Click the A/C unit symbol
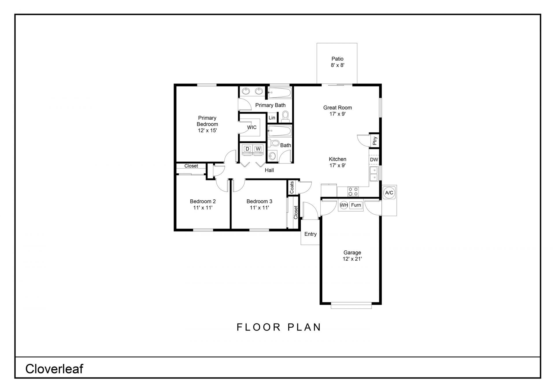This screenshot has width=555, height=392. pos(389,193)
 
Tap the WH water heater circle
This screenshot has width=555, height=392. pos(344,205)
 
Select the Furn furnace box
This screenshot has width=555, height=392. pos(356,205)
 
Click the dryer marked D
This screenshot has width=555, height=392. pos(247,149)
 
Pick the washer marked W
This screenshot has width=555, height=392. pos(258,149)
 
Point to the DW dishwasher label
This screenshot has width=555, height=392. pos(374,159)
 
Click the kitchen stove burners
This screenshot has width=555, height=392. pos(353,192)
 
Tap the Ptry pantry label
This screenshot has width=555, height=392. pos(375,141)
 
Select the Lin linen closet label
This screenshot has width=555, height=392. pos(272,118)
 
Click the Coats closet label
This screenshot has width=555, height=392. pos(292,187)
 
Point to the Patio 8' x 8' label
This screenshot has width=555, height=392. pos(338,62)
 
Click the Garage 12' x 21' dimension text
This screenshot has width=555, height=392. pos(352,259)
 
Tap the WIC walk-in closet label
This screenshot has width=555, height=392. pos(252,127)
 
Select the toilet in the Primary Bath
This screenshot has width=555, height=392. pos(285,116)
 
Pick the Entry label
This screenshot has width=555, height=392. pos(310,234)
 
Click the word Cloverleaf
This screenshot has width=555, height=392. pos(54,369)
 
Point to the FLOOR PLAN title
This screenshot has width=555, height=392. pos(279,327)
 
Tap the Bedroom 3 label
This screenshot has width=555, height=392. pos(259,201)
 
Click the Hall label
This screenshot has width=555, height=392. pos(269,170)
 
